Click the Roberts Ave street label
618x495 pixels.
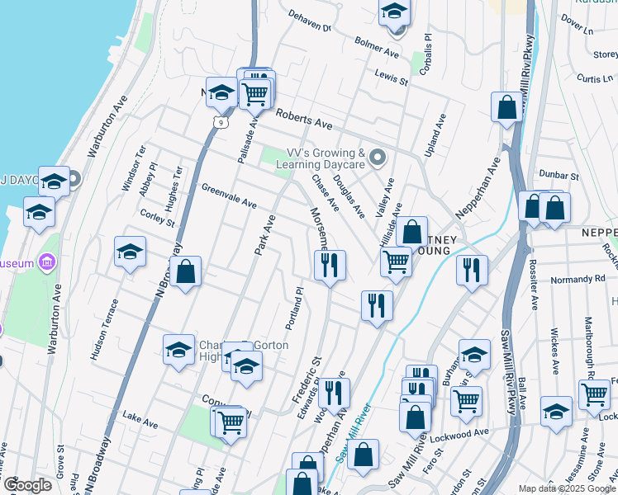click(x=303, y=120)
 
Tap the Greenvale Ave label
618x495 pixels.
click(x=229, y=196)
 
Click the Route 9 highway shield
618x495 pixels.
click(x=217, y=121)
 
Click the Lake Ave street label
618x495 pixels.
click(x=140, y=421)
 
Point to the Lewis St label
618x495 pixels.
click(x=392, y=77)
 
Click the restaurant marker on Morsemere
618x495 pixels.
click(x=330, y=265)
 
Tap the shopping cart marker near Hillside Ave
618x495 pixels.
click(x=396, y=262)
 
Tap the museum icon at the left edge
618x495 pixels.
click(x=47, y=263)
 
